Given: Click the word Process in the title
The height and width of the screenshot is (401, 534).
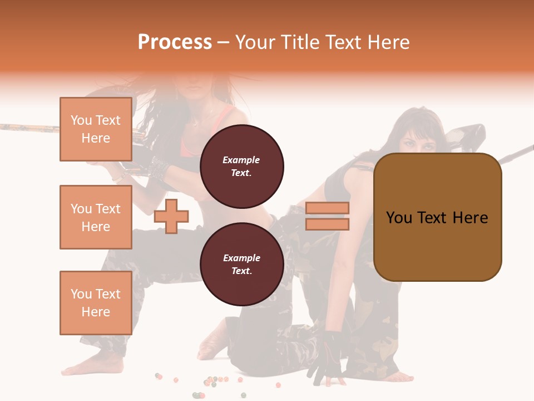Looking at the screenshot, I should [x=175, y=42].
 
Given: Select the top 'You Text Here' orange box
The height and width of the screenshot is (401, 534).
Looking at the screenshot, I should [x=96, y=129].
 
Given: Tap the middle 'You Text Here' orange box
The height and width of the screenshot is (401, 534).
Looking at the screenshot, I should [x=96, y=217].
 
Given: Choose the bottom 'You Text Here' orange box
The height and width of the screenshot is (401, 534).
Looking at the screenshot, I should [x=96, y=303].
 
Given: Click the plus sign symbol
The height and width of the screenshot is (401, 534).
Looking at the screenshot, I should [x=171, y=216].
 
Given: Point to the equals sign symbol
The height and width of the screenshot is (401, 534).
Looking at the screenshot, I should [x=327, y=216].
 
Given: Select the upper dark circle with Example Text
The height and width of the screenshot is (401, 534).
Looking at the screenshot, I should [x=241, y=166].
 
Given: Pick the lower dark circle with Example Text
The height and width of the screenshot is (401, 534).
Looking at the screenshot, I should [x=241, y=264].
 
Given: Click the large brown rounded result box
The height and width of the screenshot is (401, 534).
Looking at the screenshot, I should [x=437, y=217].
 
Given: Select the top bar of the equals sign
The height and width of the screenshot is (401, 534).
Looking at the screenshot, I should [x=327, y=208].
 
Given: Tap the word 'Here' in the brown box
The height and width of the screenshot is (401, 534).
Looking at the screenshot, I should [x=470, y=218].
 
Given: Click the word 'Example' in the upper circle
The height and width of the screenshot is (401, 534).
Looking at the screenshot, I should [x=241, y=160].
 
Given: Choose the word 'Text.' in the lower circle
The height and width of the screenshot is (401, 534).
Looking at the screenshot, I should [x=241, y=271].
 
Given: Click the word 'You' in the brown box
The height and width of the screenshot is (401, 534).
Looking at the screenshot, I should [x=399, y=218].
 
